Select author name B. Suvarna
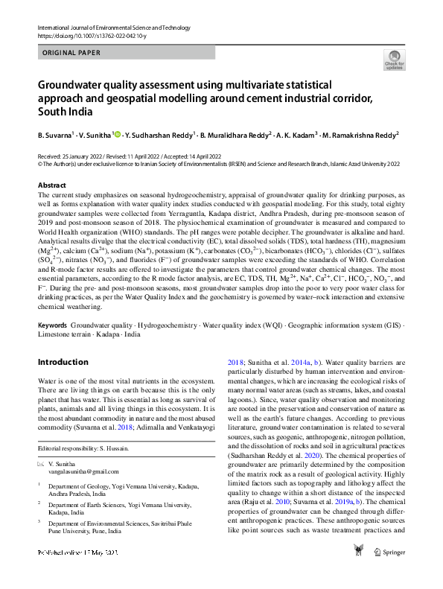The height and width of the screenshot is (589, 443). pos(54,136)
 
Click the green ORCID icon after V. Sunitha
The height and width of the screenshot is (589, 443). pos(116,136)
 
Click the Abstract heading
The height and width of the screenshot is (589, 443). pos(51,185)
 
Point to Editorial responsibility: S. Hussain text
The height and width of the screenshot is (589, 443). pos(85,448)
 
